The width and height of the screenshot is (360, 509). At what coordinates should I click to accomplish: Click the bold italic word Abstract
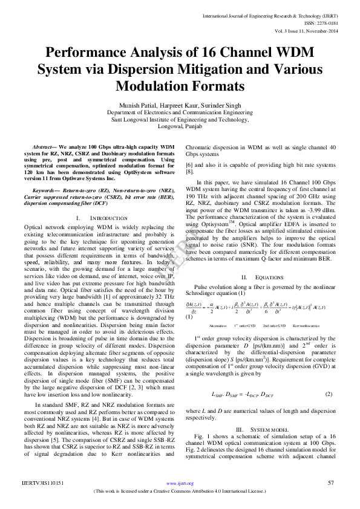point(43,148)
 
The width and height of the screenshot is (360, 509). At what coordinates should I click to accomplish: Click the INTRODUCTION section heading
point(93,216)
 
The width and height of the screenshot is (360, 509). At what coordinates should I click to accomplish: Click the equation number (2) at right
point(329,394)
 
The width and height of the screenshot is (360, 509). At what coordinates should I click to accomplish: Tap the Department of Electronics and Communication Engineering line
point(180,112)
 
